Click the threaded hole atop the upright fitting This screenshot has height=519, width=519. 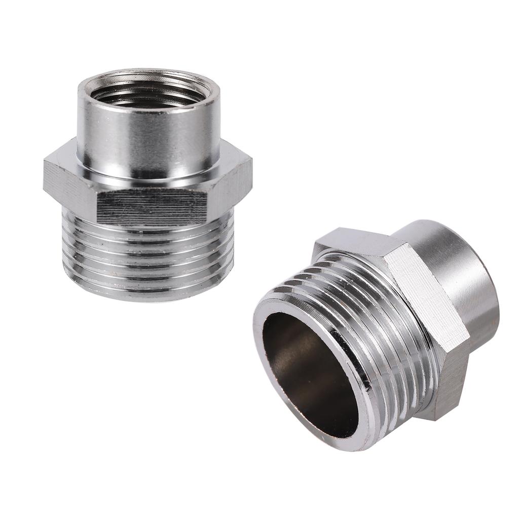(x=149, y=94)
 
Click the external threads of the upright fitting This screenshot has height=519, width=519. (x=149, y=253)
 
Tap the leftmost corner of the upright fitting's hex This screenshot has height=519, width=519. (x=45, y=177)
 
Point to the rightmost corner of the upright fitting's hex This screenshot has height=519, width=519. (x=251, y=175)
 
